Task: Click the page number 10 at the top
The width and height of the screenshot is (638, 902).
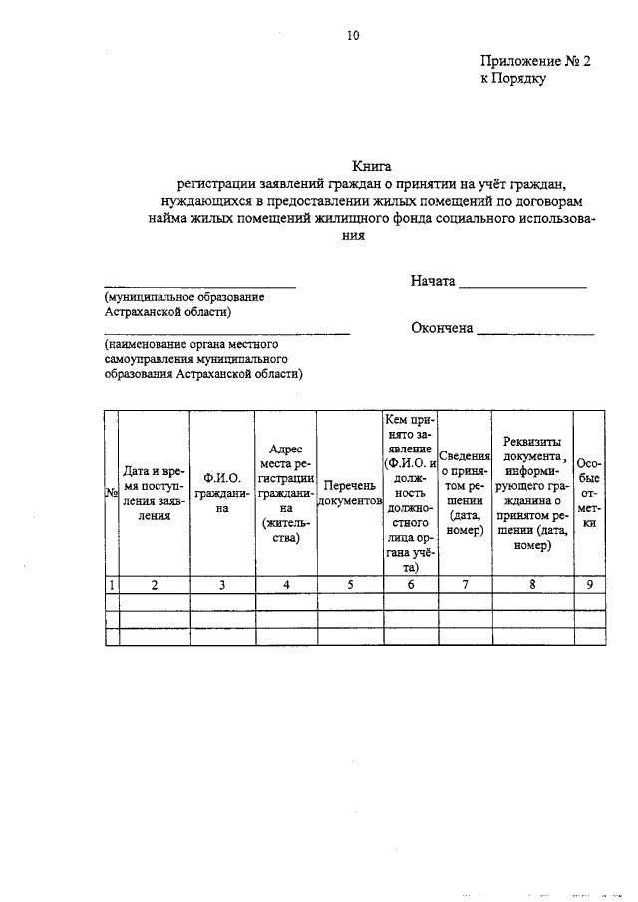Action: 353,36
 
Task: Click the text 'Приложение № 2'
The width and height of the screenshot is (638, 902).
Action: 535,61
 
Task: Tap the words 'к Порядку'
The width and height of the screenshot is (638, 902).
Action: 512,79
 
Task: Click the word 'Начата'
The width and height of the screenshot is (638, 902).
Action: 432,281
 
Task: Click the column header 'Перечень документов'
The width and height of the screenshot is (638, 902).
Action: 349,493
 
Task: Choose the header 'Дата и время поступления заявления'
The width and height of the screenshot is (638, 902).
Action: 155,493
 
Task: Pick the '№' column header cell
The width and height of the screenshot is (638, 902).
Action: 112,494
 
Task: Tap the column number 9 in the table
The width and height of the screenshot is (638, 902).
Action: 590,585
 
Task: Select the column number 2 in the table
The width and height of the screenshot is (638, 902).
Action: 155,585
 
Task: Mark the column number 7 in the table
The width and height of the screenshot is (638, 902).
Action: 465,585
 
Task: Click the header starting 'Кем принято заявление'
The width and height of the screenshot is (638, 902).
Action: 411,493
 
